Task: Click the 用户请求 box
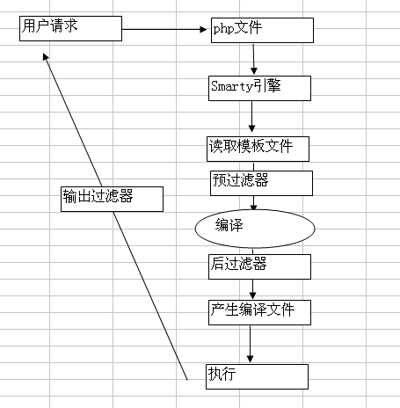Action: pyautogui.click(x=70, y=28)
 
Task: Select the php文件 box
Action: pyautogui.click(x=262, y=30)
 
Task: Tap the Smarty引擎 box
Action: pyautogui.click(x=259, y=88)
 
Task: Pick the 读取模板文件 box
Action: pyautogui.click(x=258, y=149)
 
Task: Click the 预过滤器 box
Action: pyautogui.click(x=261, y=183)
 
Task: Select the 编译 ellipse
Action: pyautogui.click(x=255, y=229)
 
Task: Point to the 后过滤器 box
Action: pyautogui.click(x=259, y=266)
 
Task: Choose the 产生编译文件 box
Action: pyautogui.click(x=259, y=312)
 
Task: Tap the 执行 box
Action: pyautogui.click(x=257, y=376)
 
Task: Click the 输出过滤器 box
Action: pyautogui.click(x=112, y=199)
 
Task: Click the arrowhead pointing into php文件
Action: pyautogui.click(x=203, y=29)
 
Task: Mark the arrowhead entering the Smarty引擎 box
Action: pyautogui.click(x=254, y=70)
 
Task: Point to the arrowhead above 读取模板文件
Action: pyautogui.click(x=251, y=128)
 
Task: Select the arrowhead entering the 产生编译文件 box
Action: pyautogui.click(x=252, y=295)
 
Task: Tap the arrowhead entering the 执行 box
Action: pyautogui.click(x=250, y=359)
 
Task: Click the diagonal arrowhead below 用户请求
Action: pyautogui.click(x=46, y=56)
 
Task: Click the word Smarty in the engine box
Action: pyautogui.click(x=232, y=86)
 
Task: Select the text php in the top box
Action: pyautogui.click(x=223, y=29)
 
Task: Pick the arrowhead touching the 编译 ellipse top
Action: pyautogui.click(x=254, y=208)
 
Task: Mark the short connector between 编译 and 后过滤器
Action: pyautogui.click(x=252, y=251)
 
